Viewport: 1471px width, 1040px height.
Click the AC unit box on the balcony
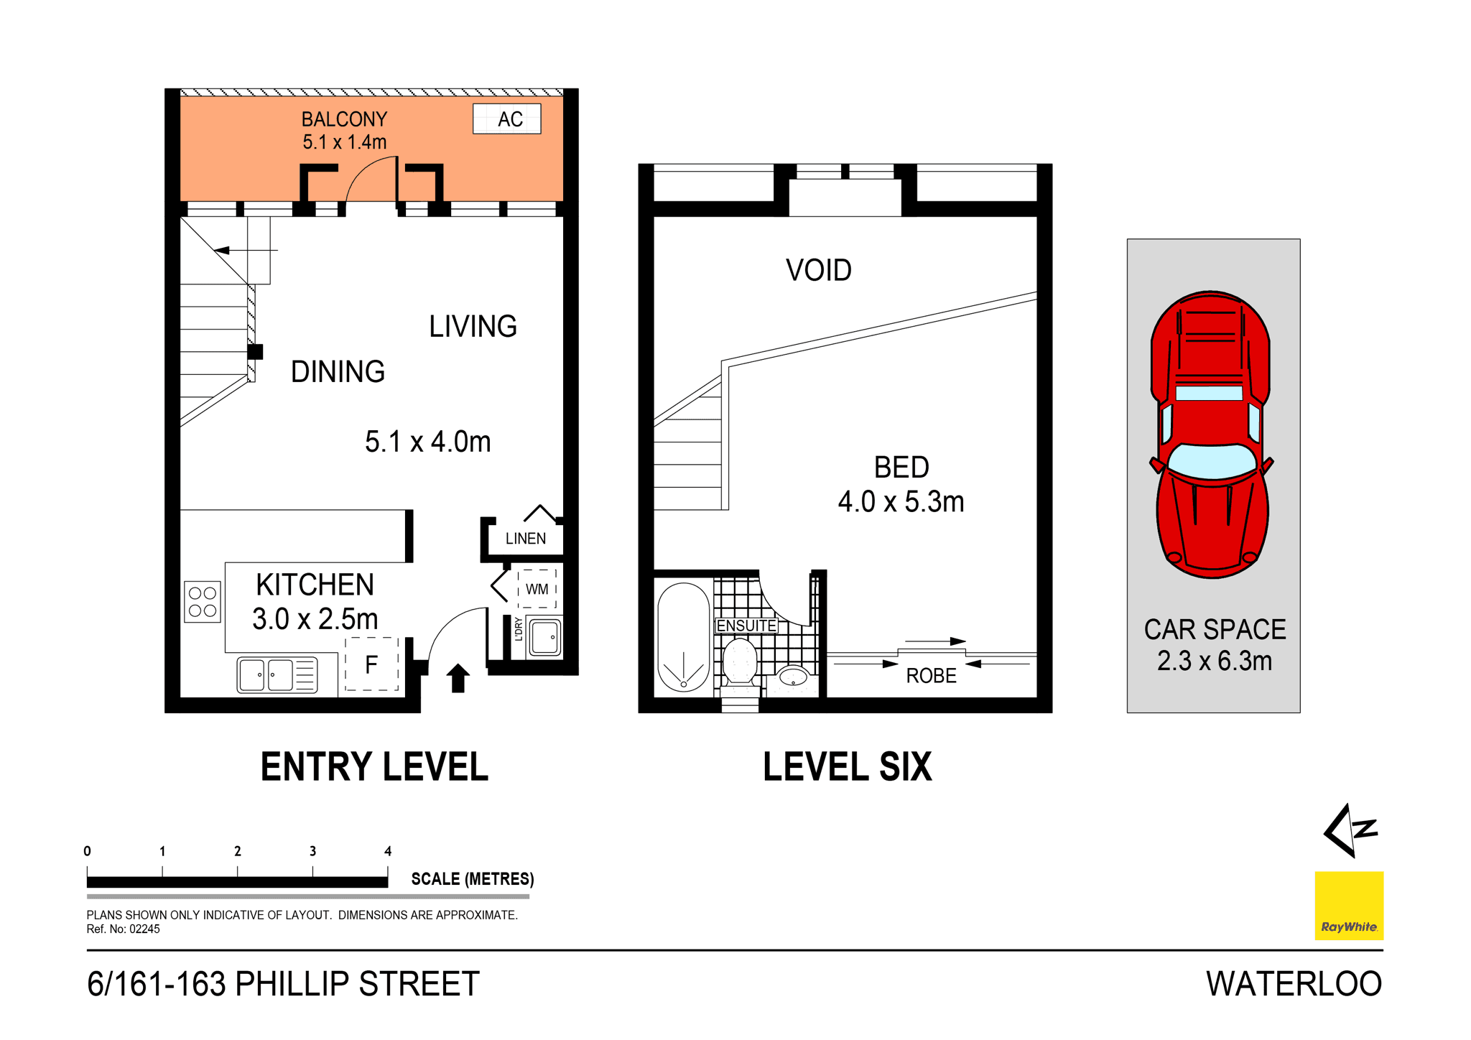coord(506,119)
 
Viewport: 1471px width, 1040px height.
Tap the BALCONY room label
coord(344,119)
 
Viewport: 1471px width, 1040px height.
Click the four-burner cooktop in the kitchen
coord(203,602)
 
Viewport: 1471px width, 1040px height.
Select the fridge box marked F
coord(371,664)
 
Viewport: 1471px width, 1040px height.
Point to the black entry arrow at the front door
coord(458,678)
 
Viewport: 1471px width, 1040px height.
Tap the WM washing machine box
coord(537,589)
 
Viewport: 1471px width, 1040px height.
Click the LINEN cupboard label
coord(525,539)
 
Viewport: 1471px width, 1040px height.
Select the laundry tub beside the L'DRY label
coord(545,637)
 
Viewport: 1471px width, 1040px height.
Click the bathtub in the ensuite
coord(683,637)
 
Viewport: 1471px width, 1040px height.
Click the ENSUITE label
coord(746,626)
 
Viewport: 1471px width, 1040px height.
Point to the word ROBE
coord(931,676)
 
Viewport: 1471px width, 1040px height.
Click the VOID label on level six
coord(818,271)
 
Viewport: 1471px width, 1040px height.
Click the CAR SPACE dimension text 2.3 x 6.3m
coord(1214,661)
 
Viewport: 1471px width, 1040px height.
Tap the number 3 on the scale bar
coord(312,851)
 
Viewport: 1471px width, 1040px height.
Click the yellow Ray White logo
coord(1348,905)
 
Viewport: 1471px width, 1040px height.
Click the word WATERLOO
coord(1294,984)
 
